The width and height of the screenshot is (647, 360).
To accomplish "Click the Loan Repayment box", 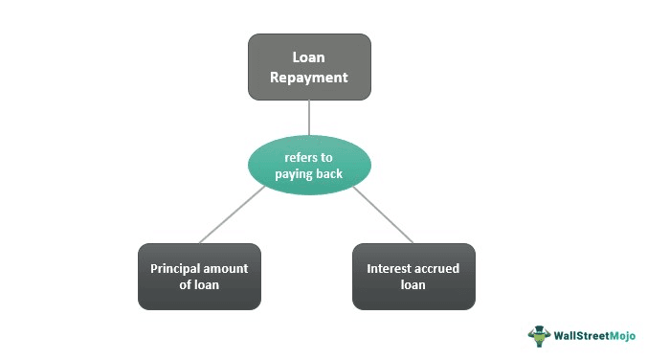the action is coord(309,67).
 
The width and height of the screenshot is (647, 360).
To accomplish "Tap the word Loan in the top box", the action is coord(309,56).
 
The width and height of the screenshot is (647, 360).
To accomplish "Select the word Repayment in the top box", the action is coord(309,79).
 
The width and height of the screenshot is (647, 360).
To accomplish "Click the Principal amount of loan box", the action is coord(199,276).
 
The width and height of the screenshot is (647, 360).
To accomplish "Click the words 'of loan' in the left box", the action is coord(199,284).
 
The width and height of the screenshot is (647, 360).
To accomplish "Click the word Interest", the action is coord(390,268).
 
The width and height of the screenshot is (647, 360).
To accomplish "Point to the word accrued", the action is coord(438,268).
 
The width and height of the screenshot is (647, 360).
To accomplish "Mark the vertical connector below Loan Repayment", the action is coord(309,117).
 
